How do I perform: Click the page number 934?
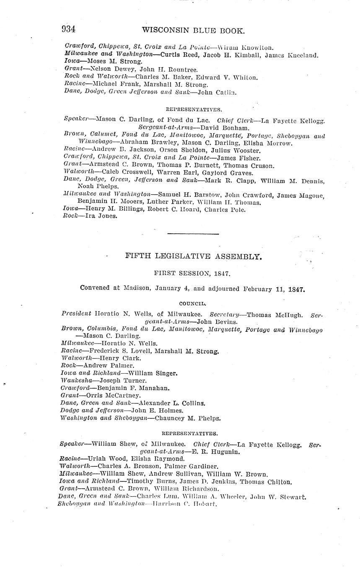tap(68, 29)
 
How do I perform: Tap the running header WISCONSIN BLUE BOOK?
tap(193, 30)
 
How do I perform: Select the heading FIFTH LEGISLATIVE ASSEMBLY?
tap(193, 256)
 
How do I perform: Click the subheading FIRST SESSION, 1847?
tap(192, 274)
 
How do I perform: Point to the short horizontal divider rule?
tap(193, 234)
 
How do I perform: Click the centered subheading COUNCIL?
tap(192, 303)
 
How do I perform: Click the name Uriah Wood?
tap(108, 459)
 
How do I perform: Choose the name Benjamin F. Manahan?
tap(133, 388)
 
